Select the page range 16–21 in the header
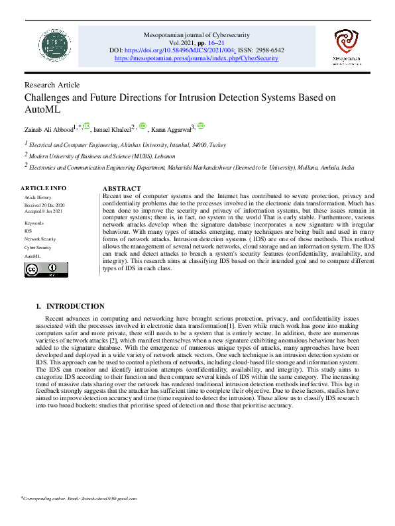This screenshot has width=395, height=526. (233, 41)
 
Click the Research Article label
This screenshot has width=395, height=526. (52, 85)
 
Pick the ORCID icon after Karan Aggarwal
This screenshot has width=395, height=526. (201, 126)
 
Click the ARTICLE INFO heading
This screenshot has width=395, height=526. (44, 188)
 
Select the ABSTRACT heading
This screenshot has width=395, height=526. (123, 189)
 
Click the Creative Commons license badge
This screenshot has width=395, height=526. (46, 269)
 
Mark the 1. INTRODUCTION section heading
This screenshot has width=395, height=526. (70, 307)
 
